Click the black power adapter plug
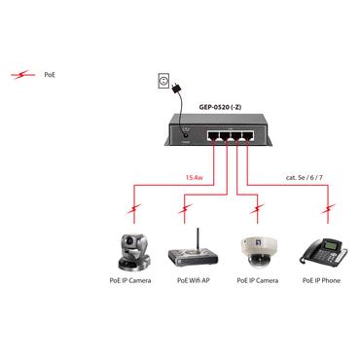coord(176,90)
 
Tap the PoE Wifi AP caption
coord(193,281)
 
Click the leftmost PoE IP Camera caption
coord(128,281)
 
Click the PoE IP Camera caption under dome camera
coord(258,281)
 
